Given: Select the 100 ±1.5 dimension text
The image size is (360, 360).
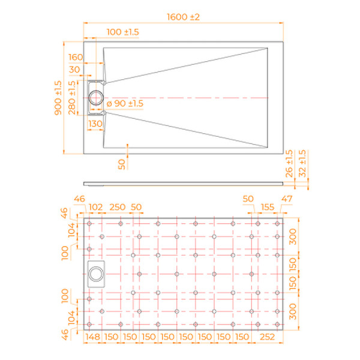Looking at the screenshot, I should (x=123, y=31).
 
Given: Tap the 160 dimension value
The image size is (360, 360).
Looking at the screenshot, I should (x=76, y=57).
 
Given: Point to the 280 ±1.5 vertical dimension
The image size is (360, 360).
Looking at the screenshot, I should (x=73, y=97).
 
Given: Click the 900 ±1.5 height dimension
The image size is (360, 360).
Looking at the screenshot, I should (x=59, y=98).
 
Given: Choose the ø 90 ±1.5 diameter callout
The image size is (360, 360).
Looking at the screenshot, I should (x=125, y=104).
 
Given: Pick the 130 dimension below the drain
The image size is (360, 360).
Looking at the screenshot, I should (x=95, y=123).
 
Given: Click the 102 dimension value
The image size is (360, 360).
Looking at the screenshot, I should (x=95, y=207).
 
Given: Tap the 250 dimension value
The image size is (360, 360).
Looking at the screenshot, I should (x=117, y=207).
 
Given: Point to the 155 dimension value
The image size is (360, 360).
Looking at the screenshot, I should (x=268, y=207).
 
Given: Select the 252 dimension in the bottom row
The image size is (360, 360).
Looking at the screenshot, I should (x=266, y=337).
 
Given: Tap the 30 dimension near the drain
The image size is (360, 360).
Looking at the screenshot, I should (x=76, y=70).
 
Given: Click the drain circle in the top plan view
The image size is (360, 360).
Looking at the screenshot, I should (x=96, y=97).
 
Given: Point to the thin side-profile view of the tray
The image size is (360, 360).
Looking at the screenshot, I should (x=182, y=181).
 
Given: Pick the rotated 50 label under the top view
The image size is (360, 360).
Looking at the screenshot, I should (x=122, y=164).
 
